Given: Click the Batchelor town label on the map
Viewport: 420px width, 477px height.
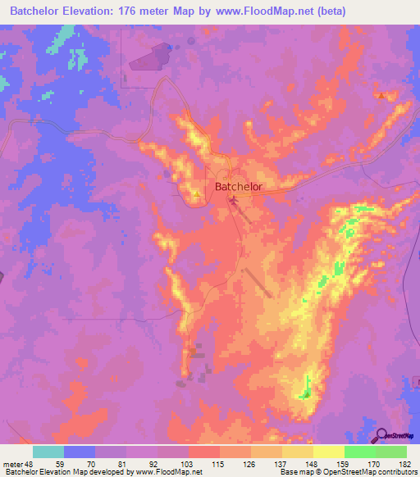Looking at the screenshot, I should point(238,187).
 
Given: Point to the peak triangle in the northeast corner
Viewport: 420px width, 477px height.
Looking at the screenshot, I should point(381,95).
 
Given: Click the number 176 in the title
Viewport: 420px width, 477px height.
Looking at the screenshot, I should point(136,11).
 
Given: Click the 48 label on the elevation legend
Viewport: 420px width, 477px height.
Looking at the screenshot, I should point(27,464).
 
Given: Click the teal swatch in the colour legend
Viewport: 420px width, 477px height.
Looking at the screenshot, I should point(48,452).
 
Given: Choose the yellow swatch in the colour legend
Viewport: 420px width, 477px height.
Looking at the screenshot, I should point(329,452).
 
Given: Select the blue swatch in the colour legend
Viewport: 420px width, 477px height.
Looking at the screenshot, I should point(80,452).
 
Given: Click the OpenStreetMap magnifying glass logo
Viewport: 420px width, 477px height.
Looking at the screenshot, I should point(380,436).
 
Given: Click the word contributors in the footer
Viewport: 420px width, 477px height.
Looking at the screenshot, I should point(396,472).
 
